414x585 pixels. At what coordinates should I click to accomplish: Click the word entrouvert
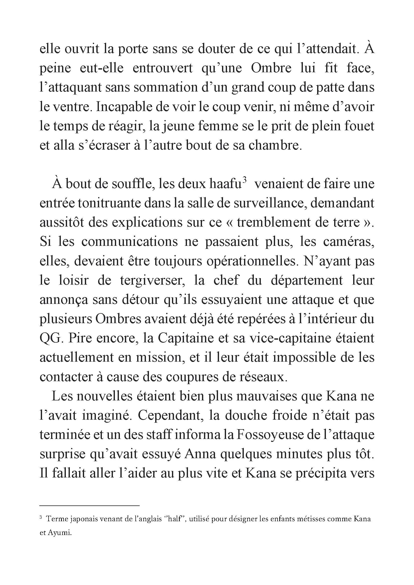tap(163, 68)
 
